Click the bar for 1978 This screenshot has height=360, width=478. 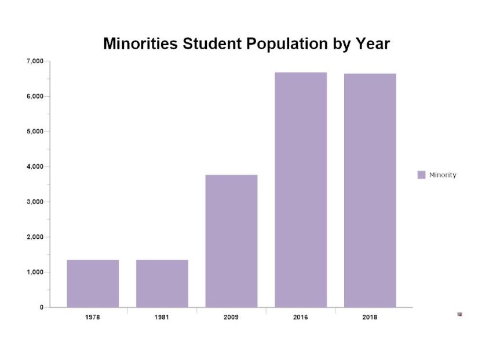click(93, 283)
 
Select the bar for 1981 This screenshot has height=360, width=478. click(162, 283)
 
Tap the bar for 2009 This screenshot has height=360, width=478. click(231, 241)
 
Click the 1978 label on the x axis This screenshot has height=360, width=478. click(93, 317)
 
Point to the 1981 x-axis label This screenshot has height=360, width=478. click(162, 317)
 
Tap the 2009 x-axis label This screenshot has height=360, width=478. click(231, 317)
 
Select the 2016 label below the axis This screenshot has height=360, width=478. click(301, 317)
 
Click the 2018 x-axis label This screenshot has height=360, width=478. click(370, 317)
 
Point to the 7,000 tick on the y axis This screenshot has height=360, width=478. click(35, 61)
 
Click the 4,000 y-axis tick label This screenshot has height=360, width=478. click(35, 166)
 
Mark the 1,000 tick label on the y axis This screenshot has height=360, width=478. click(35, 272)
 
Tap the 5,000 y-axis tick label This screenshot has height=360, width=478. click(35, 132)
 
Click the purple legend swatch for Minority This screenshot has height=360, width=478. click(421, 175)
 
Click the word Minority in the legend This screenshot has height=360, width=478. click(443, 175)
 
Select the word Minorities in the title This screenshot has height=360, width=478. click(140, 44)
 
